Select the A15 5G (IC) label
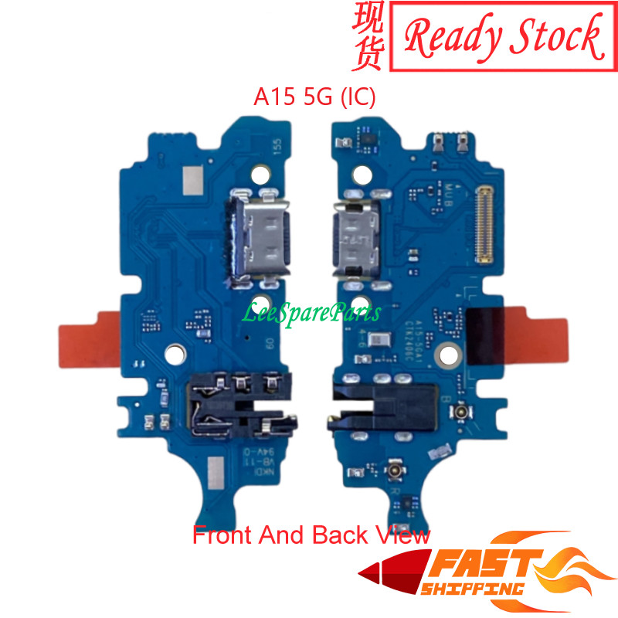[x=314, y=98]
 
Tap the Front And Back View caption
[x=311, y=535]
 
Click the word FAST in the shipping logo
[x=470, y=569]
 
